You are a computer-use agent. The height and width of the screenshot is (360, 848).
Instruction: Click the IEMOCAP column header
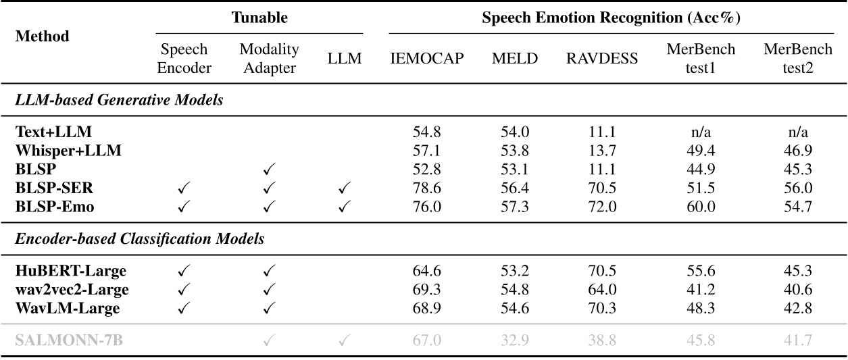click(x=427, y=59)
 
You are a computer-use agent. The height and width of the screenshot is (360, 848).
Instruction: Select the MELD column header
click(x=515, y=59)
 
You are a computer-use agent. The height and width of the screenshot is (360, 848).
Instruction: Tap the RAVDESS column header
click(x=601, y=59)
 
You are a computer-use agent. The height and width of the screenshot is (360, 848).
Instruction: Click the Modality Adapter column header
click(x=269, y=59)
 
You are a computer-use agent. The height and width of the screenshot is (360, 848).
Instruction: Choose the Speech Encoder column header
click(x=184, y=59)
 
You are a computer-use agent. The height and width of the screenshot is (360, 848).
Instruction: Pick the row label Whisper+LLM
click(x=68, y=151)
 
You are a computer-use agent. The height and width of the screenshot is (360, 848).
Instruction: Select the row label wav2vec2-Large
click(x=72, y=290)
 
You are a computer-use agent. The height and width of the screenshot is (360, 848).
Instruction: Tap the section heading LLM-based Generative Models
click(x=120, y=101)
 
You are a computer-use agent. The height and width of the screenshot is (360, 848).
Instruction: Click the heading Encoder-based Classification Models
click(x=140, y=239)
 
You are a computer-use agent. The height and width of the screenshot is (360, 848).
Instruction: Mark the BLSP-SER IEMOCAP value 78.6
click(x=427, y=188)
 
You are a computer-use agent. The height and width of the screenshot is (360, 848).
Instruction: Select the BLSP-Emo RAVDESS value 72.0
click(x=601, y=207)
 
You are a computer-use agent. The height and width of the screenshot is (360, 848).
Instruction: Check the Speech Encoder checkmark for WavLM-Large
click(x=184, y=309)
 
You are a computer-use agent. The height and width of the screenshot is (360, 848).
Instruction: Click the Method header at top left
click(x=42, y=36)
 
